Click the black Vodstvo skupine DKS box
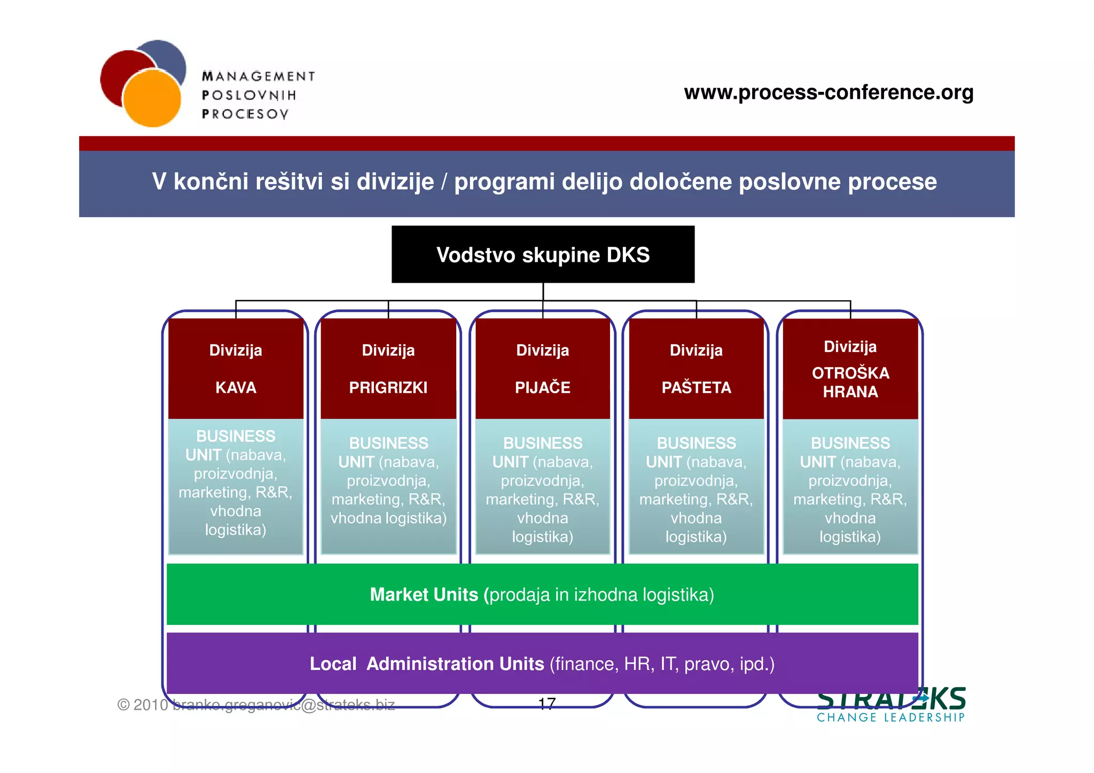pyautogui.click(x=543, y=254)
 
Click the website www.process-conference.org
pyautogui.click(x=829, y=92)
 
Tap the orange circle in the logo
pyautogui.click(x=152, y=99)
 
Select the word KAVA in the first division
pyautogui.click(x=236, y=387)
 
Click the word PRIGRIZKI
pyautogui.click(x=388, y=387)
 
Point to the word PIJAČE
pyautogui.click(x=542, y=387)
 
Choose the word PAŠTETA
pyautogui.click(x=696, y=387)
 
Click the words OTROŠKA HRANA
pyautogui.click(x=850, y=382)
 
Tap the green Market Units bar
pyautogui.click(x=542, y=594)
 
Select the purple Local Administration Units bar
pyautogui.click(x=542, y=663)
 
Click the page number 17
pyautogui.click(x=547, y=704)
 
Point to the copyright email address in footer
pyautogui.click(x=284, y=705)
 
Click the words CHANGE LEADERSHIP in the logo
pyautogui.click(x=890, y=717)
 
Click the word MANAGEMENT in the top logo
pyautogui.click(x=259, y=76)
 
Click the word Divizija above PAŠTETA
pyautogui.click(x=696, y=350)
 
